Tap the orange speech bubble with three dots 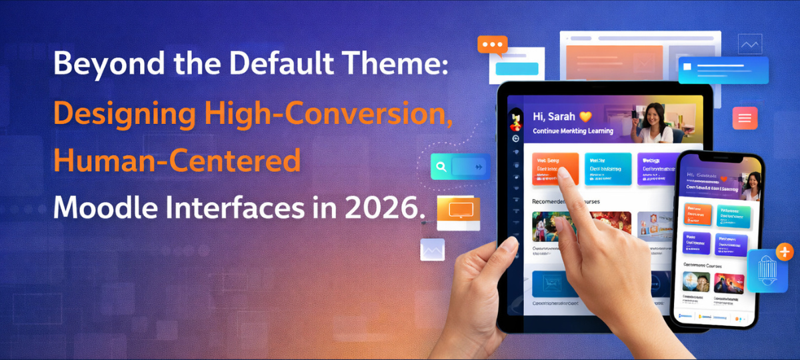click(493, 45)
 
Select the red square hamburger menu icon click(744, 118)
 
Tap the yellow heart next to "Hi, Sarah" click(586, 116)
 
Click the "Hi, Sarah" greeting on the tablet click(553, 117)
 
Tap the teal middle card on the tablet click(607, 169)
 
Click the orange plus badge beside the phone click(785, 252)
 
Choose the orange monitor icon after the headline click(458, 212)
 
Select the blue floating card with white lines click(723, 70)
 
